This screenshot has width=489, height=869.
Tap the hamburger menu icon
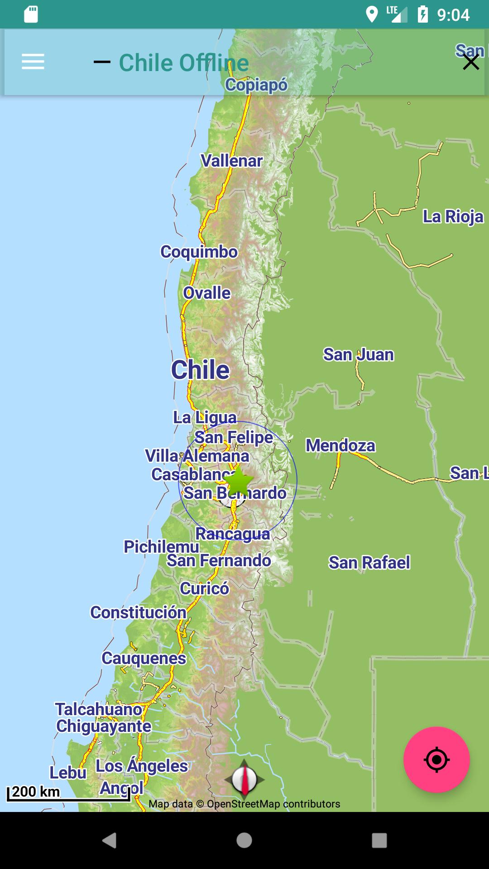pyautogui.click(x=33, y=62)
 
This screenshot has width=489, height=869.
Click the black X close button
pyautogui.click(x=471, y=62)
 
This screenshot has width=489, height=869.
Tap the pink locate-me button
pyautogui.click(x=436, y=759)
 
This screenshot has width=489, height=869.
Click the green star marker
pyautogui.click(x=239, y=481)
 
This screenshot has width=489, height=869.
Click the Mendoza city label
pyautogui.click(x=340, y=445)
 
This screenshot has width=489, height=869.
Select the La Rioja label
pyautogui.click(x=453, y=216)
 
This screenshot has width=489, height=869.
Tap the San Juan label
pyautogui.click(x=358, y=354)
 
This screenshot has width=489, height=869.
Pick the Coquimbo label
pyautogui.click(x=199, y=252)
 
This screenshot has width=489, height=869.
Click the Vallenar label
pyautogui.click(x=231, y=161)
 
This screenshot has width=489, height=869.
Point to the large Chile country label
pyautogui.click(x=200, y=370)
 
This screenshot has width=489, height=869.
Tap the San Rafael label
pyautogui.click(x=369, y=563)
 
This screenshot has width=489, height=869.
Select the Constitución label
pyautogui.click(x=138, y=612)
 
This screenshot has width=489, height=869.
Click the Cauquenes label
pyautogui.click(x=144, y=658)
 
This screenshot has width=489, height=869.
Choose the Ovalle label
pyautogui.click(x=207, y=293)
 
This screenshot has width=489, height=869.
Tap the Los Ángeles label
pyautogui.click(x=141, y=766)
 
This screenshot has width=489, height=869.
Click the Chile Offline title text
pyautogui.click(x=183, y=62)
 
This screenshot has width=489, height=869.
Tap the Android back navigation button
pyautogui.click(x=109, y=840)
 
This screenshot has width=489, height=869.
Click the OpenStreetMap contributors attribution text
pyautogui.click(x=244, y=804)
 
